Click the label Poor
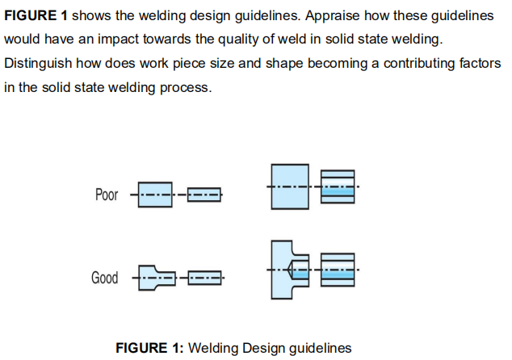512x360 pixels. pos(106,195)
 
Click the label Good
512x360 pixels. pos(104,278)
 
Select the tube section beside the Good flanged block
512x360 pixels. pos(337,270)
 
